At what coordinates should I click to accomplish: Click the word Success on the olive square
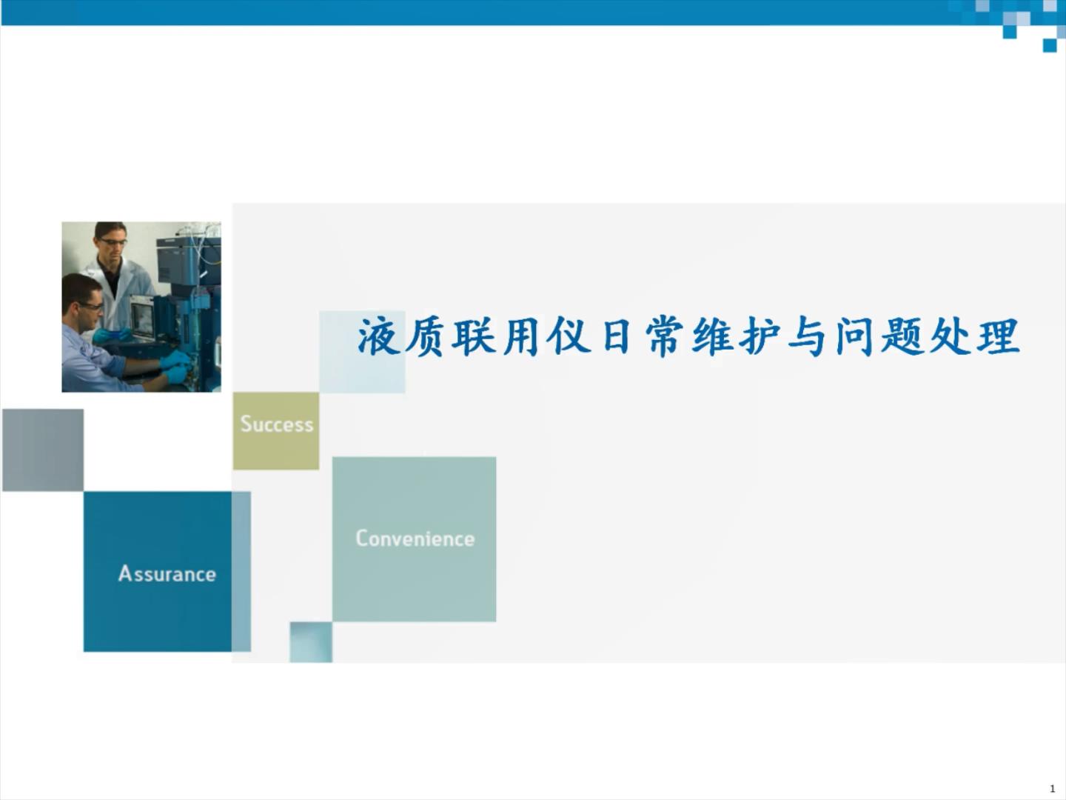tap(277, 424)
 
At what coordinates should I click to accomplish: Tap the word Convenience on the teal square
tap(415, 539)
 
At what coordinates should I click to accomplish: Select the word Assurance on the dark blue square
tap(167, 574)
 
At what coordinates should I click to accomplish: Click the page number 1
tap(1053, 789)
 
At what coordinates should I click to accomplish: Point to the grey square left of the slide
tap(43, 450)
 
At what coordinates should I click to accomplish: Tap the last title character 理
tap(999, 337)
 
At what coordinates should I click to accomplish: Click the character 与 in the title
tap(806, 337)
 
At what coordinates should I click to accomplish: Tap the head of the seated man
tap(84, 300)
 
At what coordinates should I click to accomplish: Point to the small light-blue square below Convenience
tap(311, 641)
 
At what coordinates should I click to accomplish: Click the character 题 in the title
tap(902, 337)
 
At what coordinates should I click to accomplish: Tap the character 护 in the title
tap(759, 337)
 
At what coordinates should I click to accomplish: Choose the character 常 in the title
tap(664, 337)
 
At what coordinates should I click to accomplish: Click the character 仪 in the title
tap(569, 337)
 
